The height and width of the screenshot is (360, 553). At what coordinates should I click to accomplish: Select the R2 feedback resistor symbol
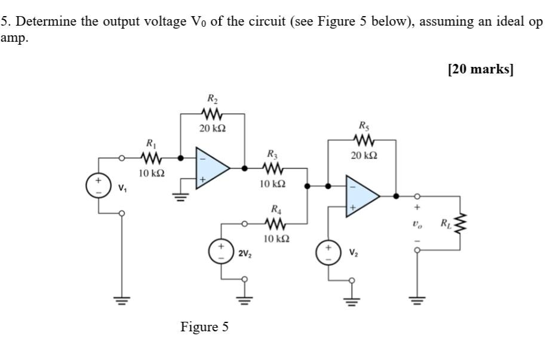tap(212, 113)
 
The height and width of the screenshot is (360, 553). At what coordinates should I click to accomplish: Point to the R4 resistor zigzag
tap(275, 224)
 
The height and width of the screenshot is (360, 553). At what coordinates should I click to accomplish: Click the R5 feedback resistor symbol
tap(364, 141)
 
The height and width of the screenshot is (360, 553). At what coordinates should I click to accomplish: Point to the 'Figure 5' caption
tap(204, 327)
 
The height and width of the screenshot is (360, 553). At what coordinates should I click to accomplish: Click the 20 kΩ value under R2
tap(213, 128)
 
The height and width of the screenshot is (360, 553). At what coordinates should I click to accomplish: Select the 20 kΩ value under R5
tap(364, 156)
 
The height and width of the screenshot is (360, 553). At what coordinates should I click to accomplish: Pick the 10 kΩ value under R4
tap(276, 239)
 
